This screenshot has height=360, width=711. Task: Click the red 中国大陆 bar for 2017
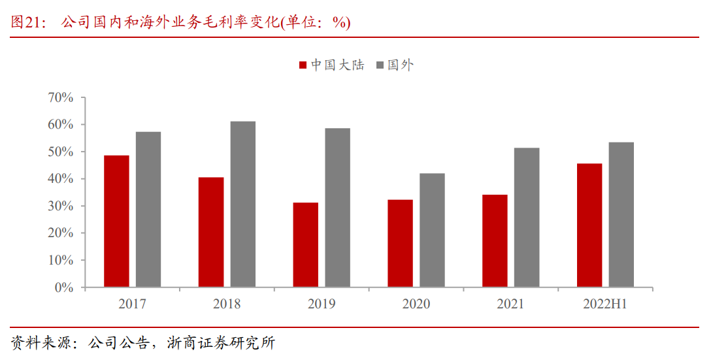pyautogui.click(x=116, y=221)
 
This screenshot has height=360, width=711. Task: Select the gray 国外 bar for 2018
pyautogui.click(x=243, y=205)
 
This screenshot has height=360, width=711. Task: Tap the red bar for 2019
pyautogui.click(x=306, y=245)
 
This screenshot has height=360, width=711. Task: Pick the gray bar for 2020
pyautogui.click(x=432, y=230)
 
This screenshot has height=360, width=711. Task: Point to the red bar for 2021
pyautogui.click(x=495, y=241)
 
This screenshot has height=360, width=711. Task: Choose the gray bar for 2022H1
pyautogui.click(x=621, y=215)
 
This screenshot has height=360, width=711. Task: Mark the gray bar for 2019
pyautogui.click(x=337, y=208)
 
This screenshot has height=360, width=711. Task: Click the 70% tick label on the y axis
pyautogui.click(x=60, y=97)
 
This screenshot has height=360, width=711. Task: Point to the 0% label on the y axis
pyautogui.click(x=64, y=287)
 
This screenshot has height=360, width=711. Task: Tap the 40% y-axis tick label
pyautogui.click(x=60, y=178)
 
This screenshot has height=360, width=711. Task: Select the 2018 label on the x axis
pyautogui.click(x=227, y=304)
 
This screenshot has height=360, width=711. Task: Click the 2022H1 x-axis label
pyautogui.click(x=605, y=304)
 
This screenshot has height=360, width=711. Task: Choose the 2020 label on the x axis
pyautogui.click(x=416, y=304)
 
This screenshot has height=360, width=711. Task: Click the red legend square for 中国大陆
pyautogui.click(x=303, y=65)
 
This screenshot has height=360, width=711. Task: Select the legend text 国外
pyautogui.click(x=401, y=65)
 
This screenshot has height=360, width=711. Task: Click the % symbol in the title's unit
pyautogui.click(x=339, y=22)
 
